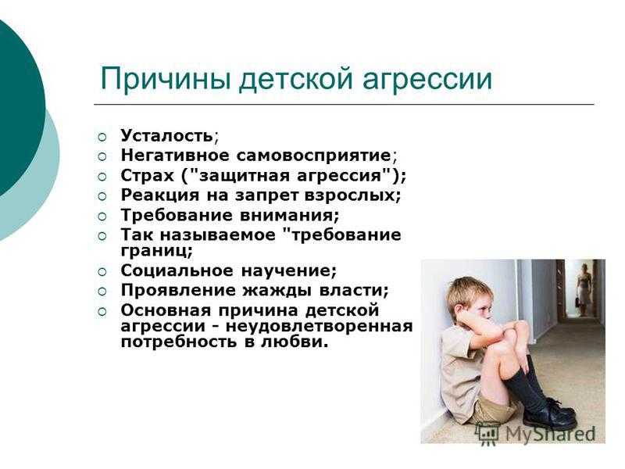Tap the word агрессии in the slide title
(x=427, y=81)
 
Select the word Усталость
(x=167, y=135)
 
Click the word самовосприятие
(x=314, y=156)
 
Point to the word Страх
(x=148, y=175)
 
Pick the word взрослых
(x=351, y=195)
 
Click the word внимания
(x=287, y=216)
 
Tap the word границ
(x=153, y=251)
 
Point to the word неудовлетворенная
(x=320, y=326)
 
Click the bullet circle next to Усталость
(x=102, y=138)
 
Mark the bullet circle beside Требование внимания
(x=102, y=217)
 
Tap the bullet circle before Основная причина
(x=102, y=311)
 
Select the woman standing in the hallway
(x=583, y=288)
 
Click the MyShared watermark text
(x=550, y=434)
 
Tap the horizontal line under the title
(x=344, y=105)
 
